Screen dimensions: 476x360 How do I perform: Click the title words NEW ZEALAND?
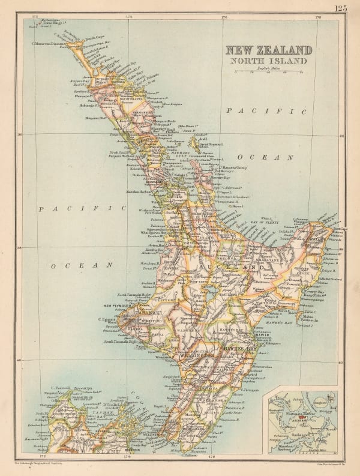tap(268, 50)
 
